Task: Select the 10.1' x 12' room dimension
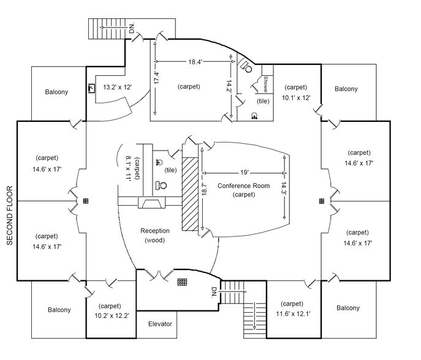(x=296, y=97)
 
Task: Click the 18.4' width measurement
(x=195, y=61)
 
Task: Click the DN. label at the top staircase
(x=132, y=28)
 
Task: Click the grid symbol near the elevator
(x=181, y=282)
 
